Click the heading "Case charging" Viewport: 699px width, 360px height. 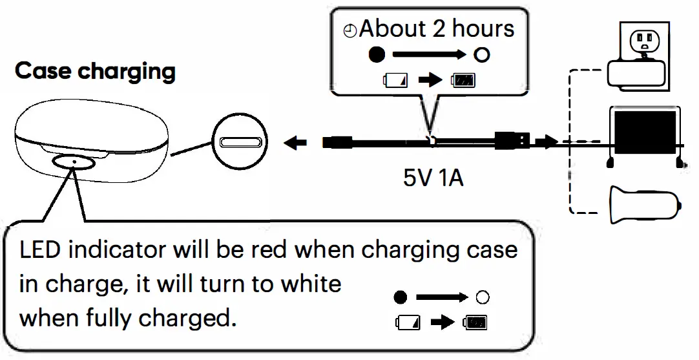[95, 71]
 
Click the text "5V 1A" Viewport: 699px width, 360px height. [433, 177]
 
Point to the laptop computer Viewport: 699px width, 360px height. [645, 133]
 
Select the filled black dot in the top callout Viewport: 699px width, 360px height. [377, 55]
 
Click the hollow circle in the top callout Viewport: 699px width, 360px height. [481, 55]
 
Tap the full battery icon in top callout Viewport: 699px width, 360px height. [464, 81]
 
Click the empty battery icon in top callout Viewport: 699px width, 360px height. [395, 81]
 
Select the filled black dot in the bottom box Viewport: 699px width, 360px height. [401, 298]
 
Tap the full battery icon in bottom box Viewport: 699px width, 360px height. [475, 322]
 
